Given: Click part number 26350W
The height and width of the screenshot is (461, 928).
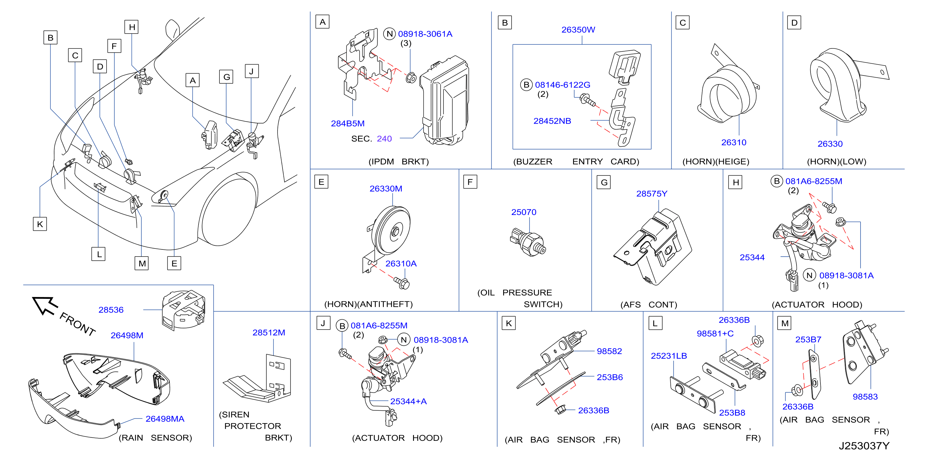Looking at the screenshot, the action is tap(578, 30).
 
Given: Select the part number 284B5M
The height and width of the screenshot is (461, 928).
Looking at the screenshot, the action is tap(348, 124).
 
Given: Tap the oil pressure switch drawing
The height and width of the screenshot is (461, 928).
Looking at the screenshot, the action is tap(528, 242).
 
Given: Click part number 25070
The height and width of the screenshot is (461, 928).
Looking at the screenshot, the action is tap(523, 212).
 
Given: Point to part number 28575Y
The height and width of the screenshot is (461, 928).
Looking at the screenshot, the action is tap(651, 194).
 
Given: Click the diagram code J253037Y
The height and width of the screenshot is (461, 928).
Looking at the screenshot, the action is tap(864, 446).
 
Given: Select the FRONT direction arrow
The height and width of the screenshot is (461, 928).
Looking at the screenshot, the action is tap(45, 305).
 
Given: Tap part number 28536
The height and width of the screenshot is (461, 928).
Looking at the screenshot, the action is tap(111, 310).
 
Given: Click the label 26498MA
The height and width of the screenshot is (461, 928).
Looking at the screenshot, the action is tap(165, 419).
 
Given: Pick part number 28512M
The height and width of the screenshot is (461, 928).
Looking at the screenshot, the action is tap(269, 332).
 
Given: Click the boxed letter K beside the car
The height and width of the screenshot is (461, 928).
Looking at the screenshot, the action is tap(40, 224).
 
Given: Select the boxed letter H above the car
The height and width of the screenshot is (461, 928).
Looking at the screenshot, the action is tap(132, 27).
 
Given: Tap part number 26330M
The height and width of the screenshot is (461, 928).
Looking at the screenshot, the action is tap(386, 189).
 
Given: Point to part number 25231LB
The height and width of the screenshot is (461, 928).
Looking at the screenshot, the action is tap(668, 356).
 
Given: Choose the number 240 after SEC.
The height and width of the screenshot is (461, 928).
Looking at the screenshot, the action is tap(384, 139).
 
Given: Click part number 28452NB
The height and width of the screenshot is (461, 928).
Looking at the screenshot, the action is tap(552, 121).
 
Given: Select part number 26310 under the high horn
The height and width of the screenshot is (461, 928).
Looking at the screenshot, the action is tap(734, 143).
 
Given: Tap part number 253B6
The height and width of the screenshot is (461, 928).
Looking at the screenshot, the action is tap(609, 377).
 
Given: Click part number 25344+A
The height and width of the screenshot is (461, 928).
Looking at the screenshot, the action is tap(408, 402).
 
